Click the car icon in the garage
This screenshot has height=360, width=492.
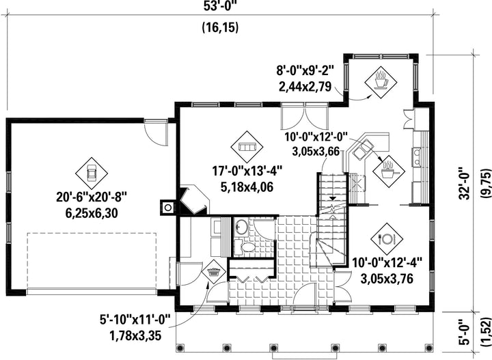tap(92, 173)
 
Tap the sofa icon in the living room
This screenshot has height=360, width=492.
tap(247, 147)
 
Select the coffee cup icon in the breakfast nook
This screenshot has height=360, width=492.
tap(381, 83)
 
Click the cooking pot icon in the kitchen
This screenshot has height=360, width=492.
tap(388, 171)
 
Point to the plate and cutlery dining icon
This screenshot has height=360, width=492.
tap(387, 239)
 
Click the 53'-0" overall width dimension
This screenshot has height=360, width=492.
tap(220, 6)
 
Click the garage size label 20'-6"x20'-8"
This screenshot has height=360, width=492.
tap(92, 197)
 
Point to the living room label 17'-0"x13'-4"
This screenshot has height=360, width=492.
tap(247, 172)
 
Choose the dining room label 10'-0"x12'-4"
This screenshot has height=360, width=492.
tap(387, 263)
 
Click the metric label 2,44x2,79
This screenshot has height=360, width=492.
tap(305, 86)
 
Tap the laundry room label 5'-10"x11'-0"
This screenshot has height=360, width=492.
tap(135, 321)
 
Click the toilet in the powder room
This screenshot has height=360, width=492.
tap(246, 247)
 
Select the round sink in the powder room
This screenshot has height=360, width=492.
tap(241, 226)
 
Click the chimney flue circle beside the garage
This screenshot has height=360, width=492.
tap(168, 208)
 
